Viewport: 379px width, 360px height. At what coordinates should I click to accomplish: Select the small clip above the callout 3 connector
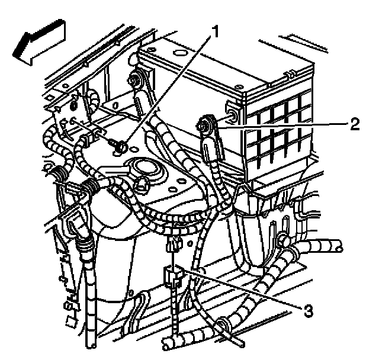pos(172,243)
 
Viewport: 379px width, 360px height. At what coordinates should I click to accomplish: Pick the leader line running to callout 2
pos(278,124)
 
